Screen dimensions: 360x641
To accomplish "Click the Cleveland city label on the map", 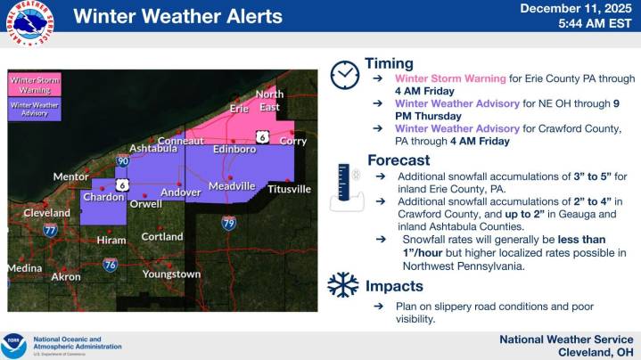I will (x=47, y=214).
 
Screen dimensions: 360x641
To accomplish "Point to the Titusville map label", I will (x=289, y=189).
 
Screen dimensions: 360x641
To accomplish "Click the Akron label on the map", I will (x=65, y=277).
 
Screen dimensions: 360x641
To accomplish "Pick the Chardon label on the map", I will (x=103, y=197).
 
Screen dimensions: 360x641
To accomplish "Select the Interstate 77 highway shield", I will (x=51, y=230).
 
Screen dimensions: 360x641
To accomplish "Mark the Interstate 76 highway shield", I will (x=110, y=265).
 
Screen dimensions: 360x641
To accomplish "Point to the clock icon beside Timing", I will (x=343, y=76).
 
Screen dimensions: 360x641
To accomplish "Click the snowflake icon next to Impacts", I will (x=342, y=285).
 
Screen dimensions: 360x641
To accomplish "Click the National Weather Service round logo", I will (x=28, y=19).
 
